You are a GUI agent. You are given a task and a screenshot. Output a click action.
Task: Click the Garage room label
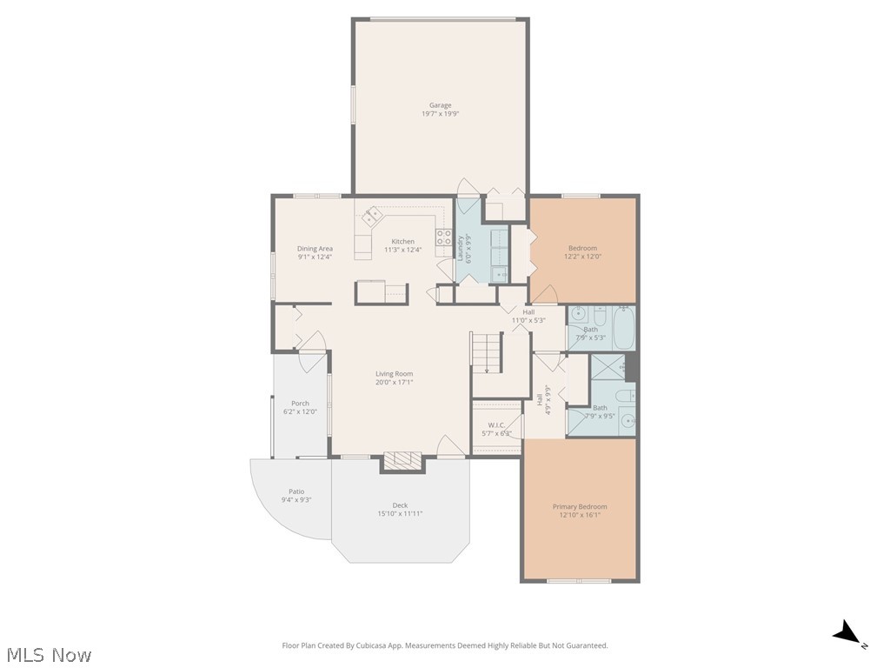click(440, 105)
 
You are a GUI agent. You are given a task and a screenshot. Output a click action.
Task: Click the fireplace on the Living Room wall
click(402, 460)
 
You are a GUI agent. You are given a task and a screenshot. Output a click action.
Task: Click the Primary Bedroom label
click(580, 506)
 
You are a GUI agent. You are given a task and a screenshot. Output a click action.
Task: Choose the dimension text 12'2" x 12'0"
click(582, 257)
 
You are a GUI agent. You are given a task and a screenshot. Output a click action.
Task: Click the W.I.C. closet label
click(496, 424)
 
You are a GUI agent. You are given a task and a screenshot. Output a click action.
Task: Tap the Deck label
click(400, 505)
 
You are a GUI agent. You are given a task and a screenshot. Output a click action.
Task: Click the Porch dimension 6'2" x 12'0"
click(300, 411)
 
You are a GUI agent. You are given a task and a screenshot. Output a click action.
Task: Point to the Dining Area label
click(315, 248)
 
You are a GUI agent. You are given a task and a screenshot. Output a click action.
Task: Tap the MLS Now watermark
click(48, 654)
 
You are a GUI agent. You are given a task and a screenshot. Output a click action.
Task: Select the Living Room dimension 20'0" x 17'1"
click(394, 382)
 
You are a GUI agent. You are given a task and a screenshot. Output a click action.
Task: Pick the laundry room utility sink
click(501, 275)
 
